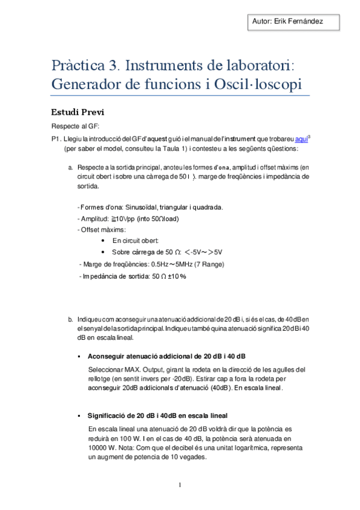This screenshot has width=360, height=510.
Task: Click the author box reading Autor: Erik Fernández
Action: pyautogui.click(x=288, y=21)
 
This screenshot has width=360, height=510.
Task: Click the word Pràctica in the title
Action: pyautogui.click(x=76, y=64)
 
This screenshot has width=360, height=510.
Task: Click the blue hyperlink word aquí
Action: pyautogui.click(x=302, y=138)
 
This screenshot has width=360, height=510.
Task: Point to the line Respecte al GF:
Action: pyautogui.click(x=75, y=126)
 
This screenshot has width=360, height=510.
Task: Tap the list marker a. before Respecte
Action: pyautogui.click(x=71, y=167)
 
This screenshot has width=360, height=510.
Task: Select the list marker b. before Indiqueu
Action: pyautogui.click(x=71, y=319)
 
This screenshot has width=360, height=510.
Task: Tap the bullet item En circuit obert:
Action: pyautogui.click(x=135, y=241)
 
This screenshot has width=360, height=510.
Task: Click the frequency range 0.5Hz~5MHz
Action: pyautogui.click(x=173, y=264)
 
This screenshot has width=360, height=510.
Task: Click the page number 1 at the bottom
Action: pyautogui.click(x=180, y=485)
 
